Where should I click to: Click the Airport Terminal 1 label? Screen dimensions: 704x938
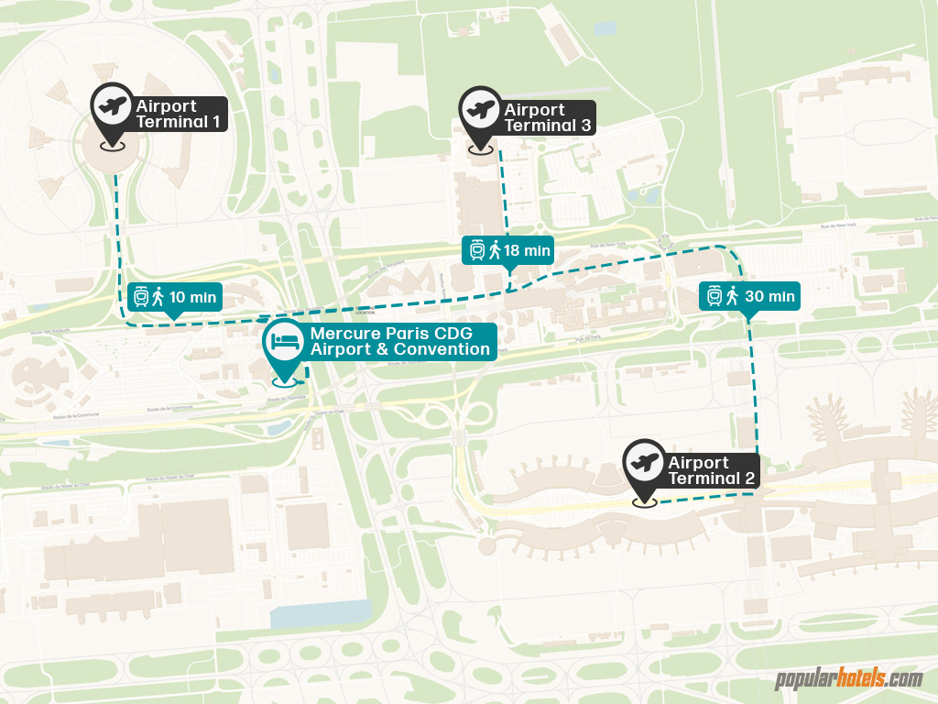(179, 114)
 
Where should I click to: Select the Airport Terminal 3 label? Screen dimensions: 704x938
(547, 117)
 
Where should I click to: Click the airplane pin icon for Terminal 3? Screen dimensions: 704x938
(480, 110)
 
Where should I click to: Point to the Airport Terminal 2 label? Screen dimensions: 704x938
(710, 470)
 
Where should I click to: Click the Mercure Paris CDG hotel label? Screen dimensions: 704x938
(399, 341)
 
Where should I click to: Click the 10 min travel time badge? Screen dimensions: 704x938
(174, 296)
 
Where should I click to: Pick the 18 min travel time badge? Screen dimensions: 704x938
(509, 249)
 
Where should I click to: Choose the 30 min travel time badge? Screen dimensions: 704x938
(749, 295)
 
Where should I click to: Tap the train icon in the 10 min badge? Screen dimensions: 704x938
(141, 296)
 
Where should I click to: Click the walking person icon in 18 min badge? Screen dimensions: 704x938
(495, 249)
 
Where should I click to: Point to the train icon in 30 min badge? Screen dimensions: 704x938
(714, 295)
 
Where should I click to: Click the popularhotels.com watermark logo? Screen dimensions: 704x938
(848, 679)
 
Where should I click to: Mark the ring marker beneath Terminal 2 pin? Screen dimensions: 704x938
(644, 501)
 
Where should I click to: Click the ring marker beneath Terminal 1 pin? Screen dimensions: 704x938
(113, 145)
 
